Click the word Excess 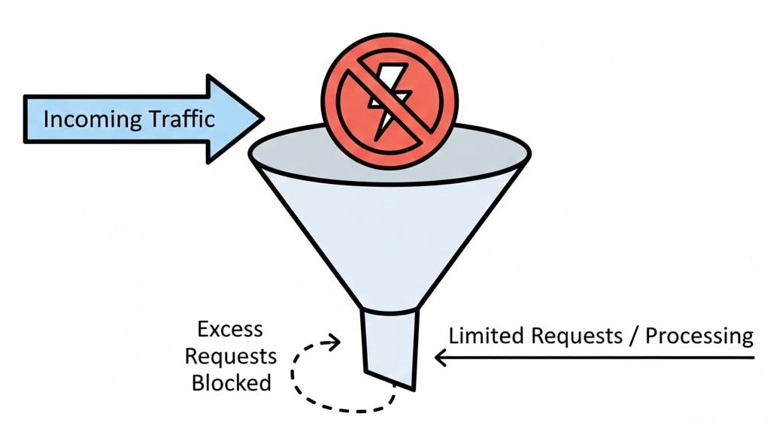pos(229,329)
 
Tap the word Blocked pos(231,382)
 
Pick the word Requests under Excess pos(231,356)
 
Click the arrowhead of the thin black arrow pos(441,358)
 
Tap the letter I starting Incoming pos(47,119)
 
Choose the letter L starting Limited pos(453,336)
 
